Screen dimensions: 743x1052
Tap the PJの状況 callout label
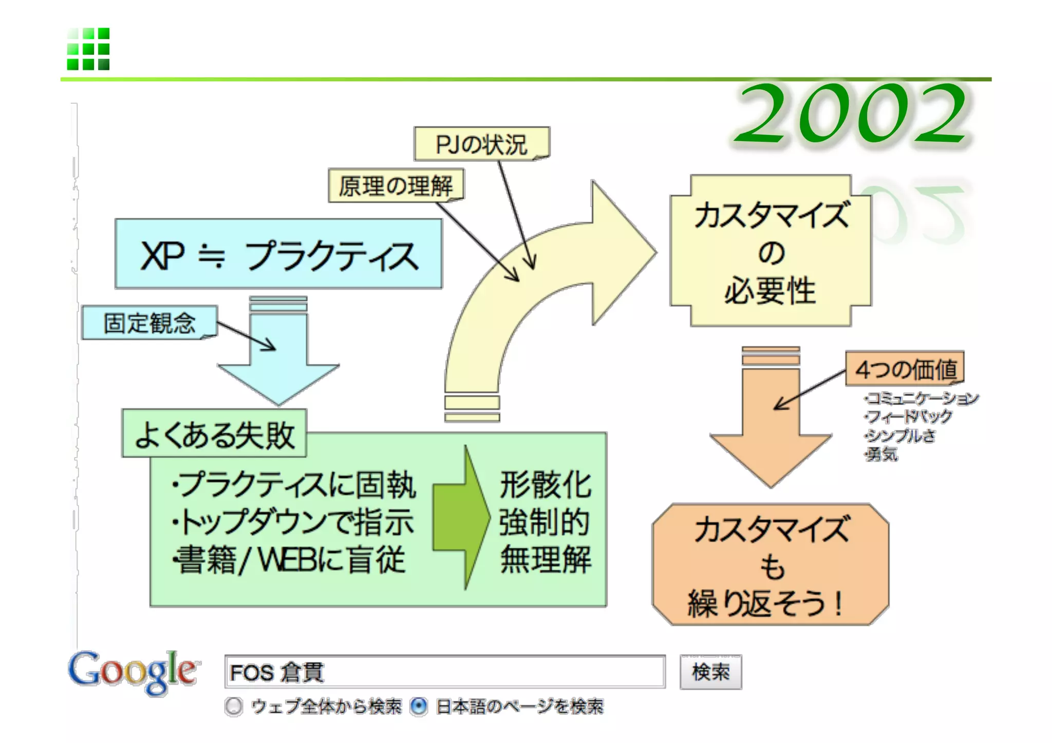tap(481, 144)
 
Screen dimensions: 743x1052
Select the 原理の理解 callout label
tap(396, 186)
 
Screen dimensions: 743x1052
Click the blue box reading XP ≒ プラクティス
tap(278, 254)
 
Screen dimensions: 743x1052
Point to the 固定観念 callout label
tap(149, 323)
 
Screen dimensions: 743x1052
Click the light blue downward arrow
tap(278, 359)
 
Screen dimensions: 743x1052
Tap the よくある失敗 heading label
tap(214, 434)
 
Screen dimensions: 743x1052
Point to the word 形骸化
tap(546, 484)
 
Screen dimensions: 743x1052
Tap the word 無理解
tap(546, 559)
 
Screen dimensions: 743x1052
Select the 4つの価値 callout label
tap(905, 369)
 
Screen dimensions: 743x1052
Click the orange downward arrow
tap(771, 426)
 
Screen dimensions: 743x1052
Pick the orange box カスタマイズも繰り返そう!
tap(771, 565)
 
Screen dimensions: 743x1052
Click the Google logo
tap(133, 672)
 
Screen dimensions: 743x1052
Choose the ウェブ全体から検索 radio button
tap(234, 707)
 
